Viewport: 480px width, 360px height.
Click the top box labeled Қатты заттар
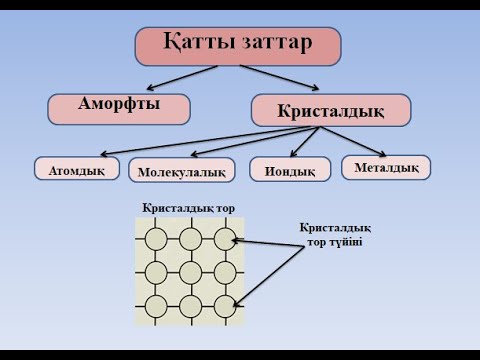click(238, 45)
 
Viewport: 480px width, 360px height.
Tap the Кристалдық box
click(330, 109)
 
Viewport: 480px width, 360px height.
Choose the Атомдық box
click(77, 170)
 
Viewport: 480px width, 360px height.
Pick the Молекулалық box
click(181, 171)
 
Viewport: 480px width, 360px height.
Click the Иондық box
click(289, 170)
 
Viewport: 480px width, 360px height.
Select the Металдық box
click(386, 167)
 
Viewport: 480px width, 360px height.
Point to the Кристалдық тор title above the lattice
click(188, 208)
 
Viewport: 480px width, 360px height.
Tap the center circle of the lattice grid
click(190, 271)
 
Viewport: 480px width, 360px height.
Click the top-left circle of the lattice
click(156, 238)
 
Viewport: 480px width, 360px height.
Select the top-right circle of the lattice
click(224, 238)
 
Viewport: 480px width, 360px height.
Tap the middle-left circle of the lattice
click(156, 271)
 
